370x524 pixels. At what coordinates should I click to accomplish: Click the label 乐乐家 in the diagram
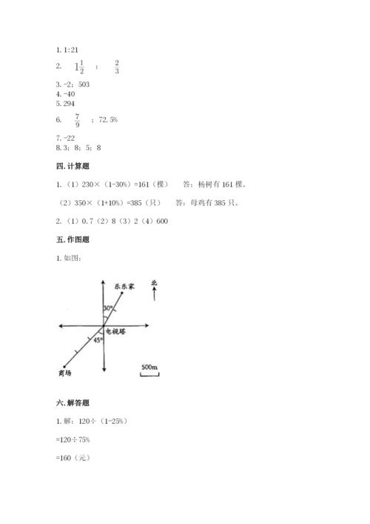(124, 285)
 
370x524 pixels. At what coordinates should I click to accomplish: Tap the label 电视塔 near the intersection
(117, 331)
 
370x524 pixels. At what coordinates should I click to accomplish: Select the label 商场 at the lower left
(64, 373)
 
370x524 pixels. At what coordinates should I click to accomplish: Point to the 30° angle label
(108, 308)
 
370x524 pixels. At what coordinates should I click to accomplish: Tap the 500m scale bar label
(150, 367)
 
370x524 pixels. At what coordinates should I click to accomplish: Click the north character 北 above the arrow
(154, 282)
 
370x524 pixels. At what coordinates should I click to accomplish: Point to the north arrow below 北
(153, 295)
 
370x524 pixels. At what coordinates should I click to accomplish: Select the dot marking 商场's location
(65, 366)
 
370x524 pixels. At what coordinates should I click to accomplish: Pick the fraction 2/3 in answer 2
(118, 68)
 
